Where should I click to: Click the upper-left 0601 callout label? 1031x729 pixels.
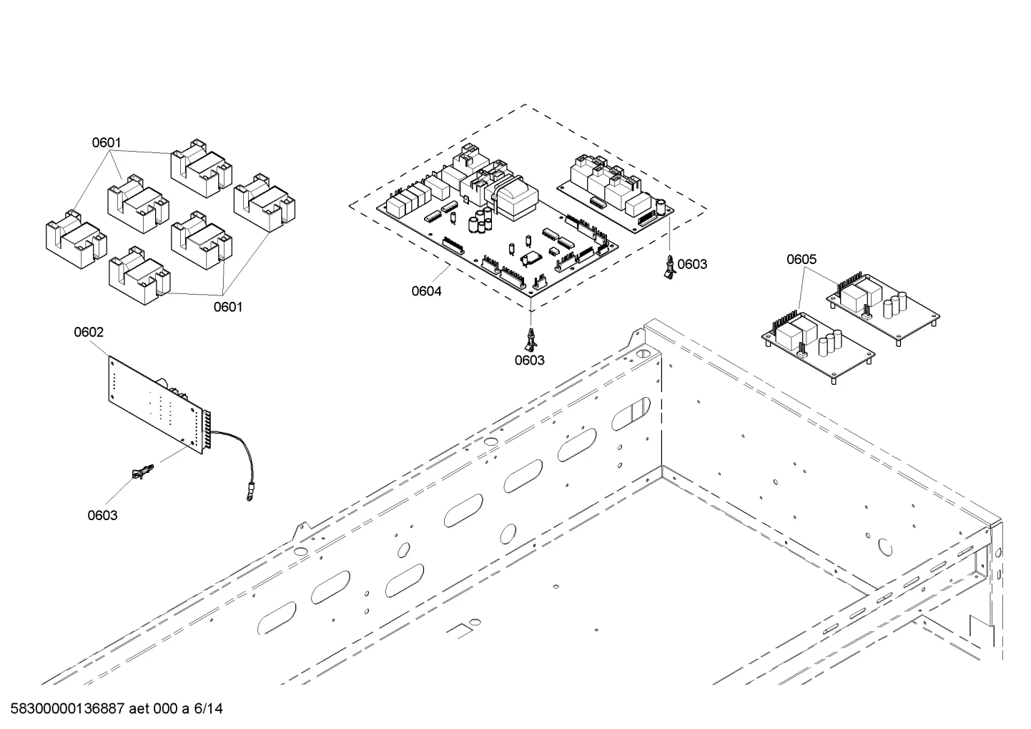[x=107, y=143]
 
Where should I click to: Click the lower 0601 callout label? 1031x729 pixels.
[x=228, y=307]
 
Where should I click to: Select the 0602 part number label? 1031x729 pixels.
[x=89, y=332]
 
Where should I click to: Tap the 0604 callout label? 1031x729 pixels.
[x=426, y=291]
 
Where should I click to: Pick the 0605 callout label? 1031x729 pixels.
[x=801, y=259]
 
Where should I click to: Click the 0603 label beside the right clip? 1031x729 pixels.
[x=692, y=264]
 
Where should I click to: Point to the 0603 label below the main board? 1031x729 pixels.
[x=529, y=360]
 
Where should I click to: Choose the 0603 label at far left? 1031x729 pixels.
[x=102, y=515]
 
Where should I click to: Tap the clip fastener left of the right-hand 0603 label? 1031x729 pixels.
[x=670, y=267]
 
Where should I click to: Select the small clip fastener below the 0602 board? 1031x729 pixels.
[x=143, y=472]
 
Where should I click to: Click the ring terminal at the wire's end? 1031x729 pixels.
[x=250, y=497]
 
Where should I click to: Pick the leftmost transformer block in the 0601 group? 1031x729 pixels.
[x=77, y=240]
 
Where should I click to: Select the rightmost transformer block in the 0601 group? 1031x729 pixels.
[x=265, y=202]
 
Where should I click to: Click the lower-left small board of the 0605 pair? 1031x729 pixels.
[x=818, y=346]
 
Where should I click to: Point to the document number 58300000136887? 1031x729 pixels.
[x=68, y=708]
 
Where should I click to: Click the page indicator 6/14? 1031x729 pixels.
[x=208, y=708]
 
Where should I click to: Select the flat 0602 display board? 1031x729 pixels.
[x=157, y=405]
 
